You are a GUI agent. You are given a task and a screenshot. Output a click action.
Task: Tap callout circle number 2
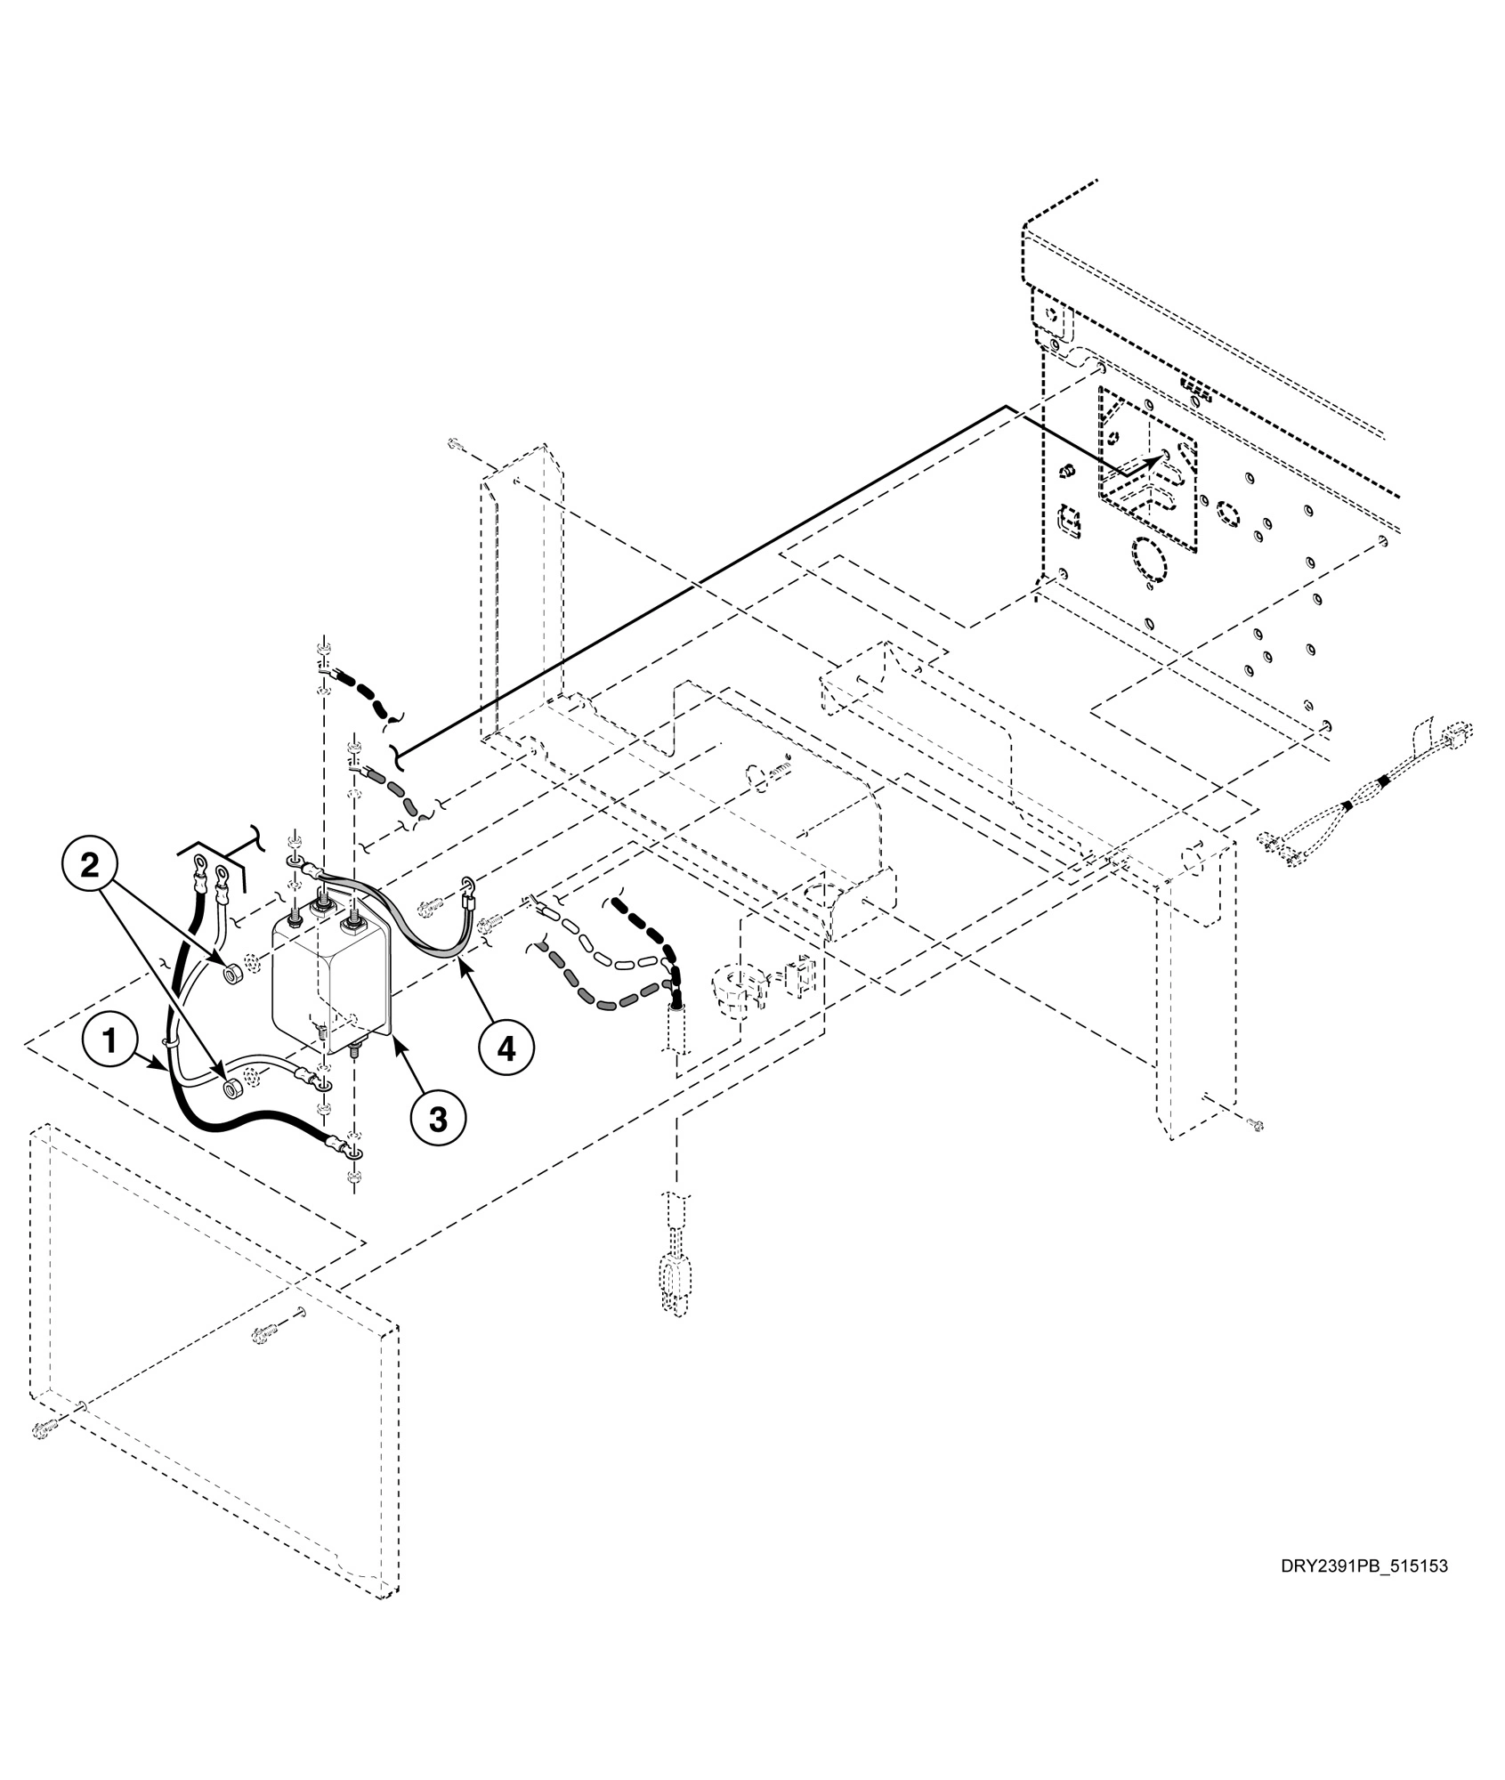(90, 865)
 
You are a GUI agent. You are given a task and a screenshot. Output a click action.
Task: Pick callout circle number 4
(506, 1048)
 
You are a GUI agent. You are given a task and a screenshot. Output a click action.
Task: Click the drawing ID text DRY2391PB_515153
(1363, 1590)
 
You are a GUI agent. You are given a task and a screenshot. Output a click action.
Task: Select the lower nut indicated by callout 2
(231, 1088)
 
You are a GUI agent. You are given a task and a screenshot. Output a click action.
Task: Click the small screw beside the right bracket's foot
(1256, 1125)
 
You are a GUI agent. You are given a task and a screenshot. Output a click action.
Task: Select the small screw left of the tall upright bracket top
(455, 443)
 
